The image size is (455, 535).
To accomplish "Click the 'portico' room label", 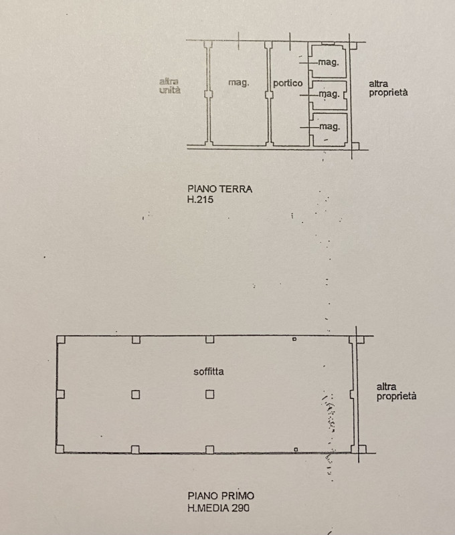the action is pyautogui.click(x=288, y=83).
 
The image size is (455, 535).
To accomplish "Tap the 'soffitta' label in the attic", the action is pyautogui.click(x=209, y=372).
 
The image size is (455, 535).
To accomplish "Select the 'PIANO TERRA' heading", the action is pyautogui.click(x=220, y=189).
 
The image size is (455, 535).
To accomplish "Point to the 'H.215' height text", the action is pyautogui.click(x=200, y=199).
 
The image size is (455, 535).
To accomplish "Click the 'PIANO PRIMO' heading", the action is pyautogui.click(x=221, y=496).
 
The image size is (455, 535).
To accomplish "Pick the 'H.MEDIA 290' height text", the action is pyautogui.click(x=218, y=508).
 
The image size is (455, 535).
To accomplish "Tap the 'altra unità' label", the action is pyautogui.click(x=170, y=86).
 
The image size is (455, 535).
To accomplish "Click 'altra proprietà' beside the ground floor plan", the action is pyautogui.click(x=388, y=88).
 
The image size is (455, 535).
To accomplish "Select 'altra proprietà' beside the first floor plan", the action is pyautogui.click(x=396, y=391).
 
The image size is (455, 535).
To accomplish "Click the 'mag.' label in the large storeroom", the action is pyautogui.click(x=239, y=82).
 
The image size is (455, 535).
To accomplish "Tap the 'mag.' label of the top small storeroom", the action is pyautogui.click(x=329, y=62).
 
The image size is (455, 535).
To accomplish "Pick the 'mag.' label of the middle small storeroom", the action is pyautogui.click(x=329, y=94).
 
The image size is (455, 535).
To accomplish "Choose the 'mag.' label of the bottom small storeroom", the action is pyautogui.click(x=330, y=126).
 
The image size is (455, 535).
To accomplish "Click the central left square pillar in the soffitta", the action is pyautogui.click(x=136, y=395).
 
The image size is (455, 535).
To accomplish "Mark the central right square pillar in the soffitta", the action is pyautogui.click(x=210, y=395).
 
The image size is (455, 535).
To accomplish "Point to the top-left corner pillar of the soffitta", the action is pyautogui.click(x=61, y=340).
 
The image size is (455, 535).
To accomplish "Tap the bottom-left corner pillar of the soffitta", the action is pyautogui.click(x=60, y=449).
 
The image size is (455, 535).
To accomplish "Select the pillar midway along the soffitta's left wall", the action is pyautogui.click(x=60, y=395).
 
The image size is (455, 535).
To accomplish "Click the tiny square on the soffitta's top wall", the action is pyautogui.click(x=294, y=339).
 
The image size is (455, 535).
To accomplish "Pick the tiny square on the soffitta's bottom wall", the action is pyautogui.click(x=296, y=449).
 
